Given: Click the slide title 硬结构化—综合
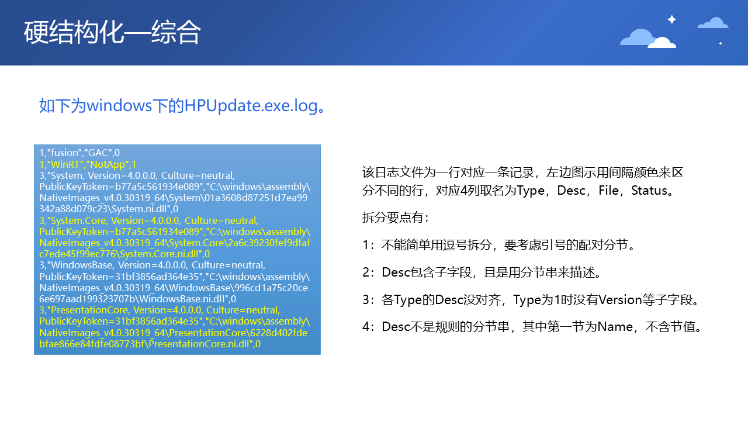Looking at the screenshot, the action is [x=112, y=32].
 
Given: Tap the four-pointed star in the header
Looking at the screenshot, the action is [x=671, y=19].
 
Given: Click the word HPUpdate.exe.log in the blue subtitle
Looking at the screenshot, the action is [x=251, y=106].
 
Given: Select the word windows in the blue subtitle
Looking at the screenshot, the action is [x=119, y=106].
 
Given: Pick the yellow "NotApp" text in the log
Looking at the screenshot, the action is [x=108, y=164].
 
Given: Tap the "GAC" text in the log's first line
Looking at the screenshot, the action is [x=99, y=153].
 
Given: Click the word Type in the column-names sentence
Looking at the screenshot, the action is [x=530, y=191].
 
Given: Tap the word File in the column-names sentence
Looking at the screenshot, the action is [x=608, y=191].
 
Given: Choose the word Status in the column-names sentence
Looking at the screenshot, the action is [x=649, y=191].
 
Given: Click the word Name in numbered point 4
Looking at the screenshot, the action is [x=615, y=327].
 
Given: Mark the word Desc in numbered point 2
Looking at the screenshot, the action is [x=396, y=272].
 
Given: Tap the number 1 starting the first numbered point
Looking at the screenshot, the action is [x=366, y=245].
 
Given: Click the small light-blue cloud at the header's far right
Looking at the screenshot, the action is [x=713, y=23].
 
